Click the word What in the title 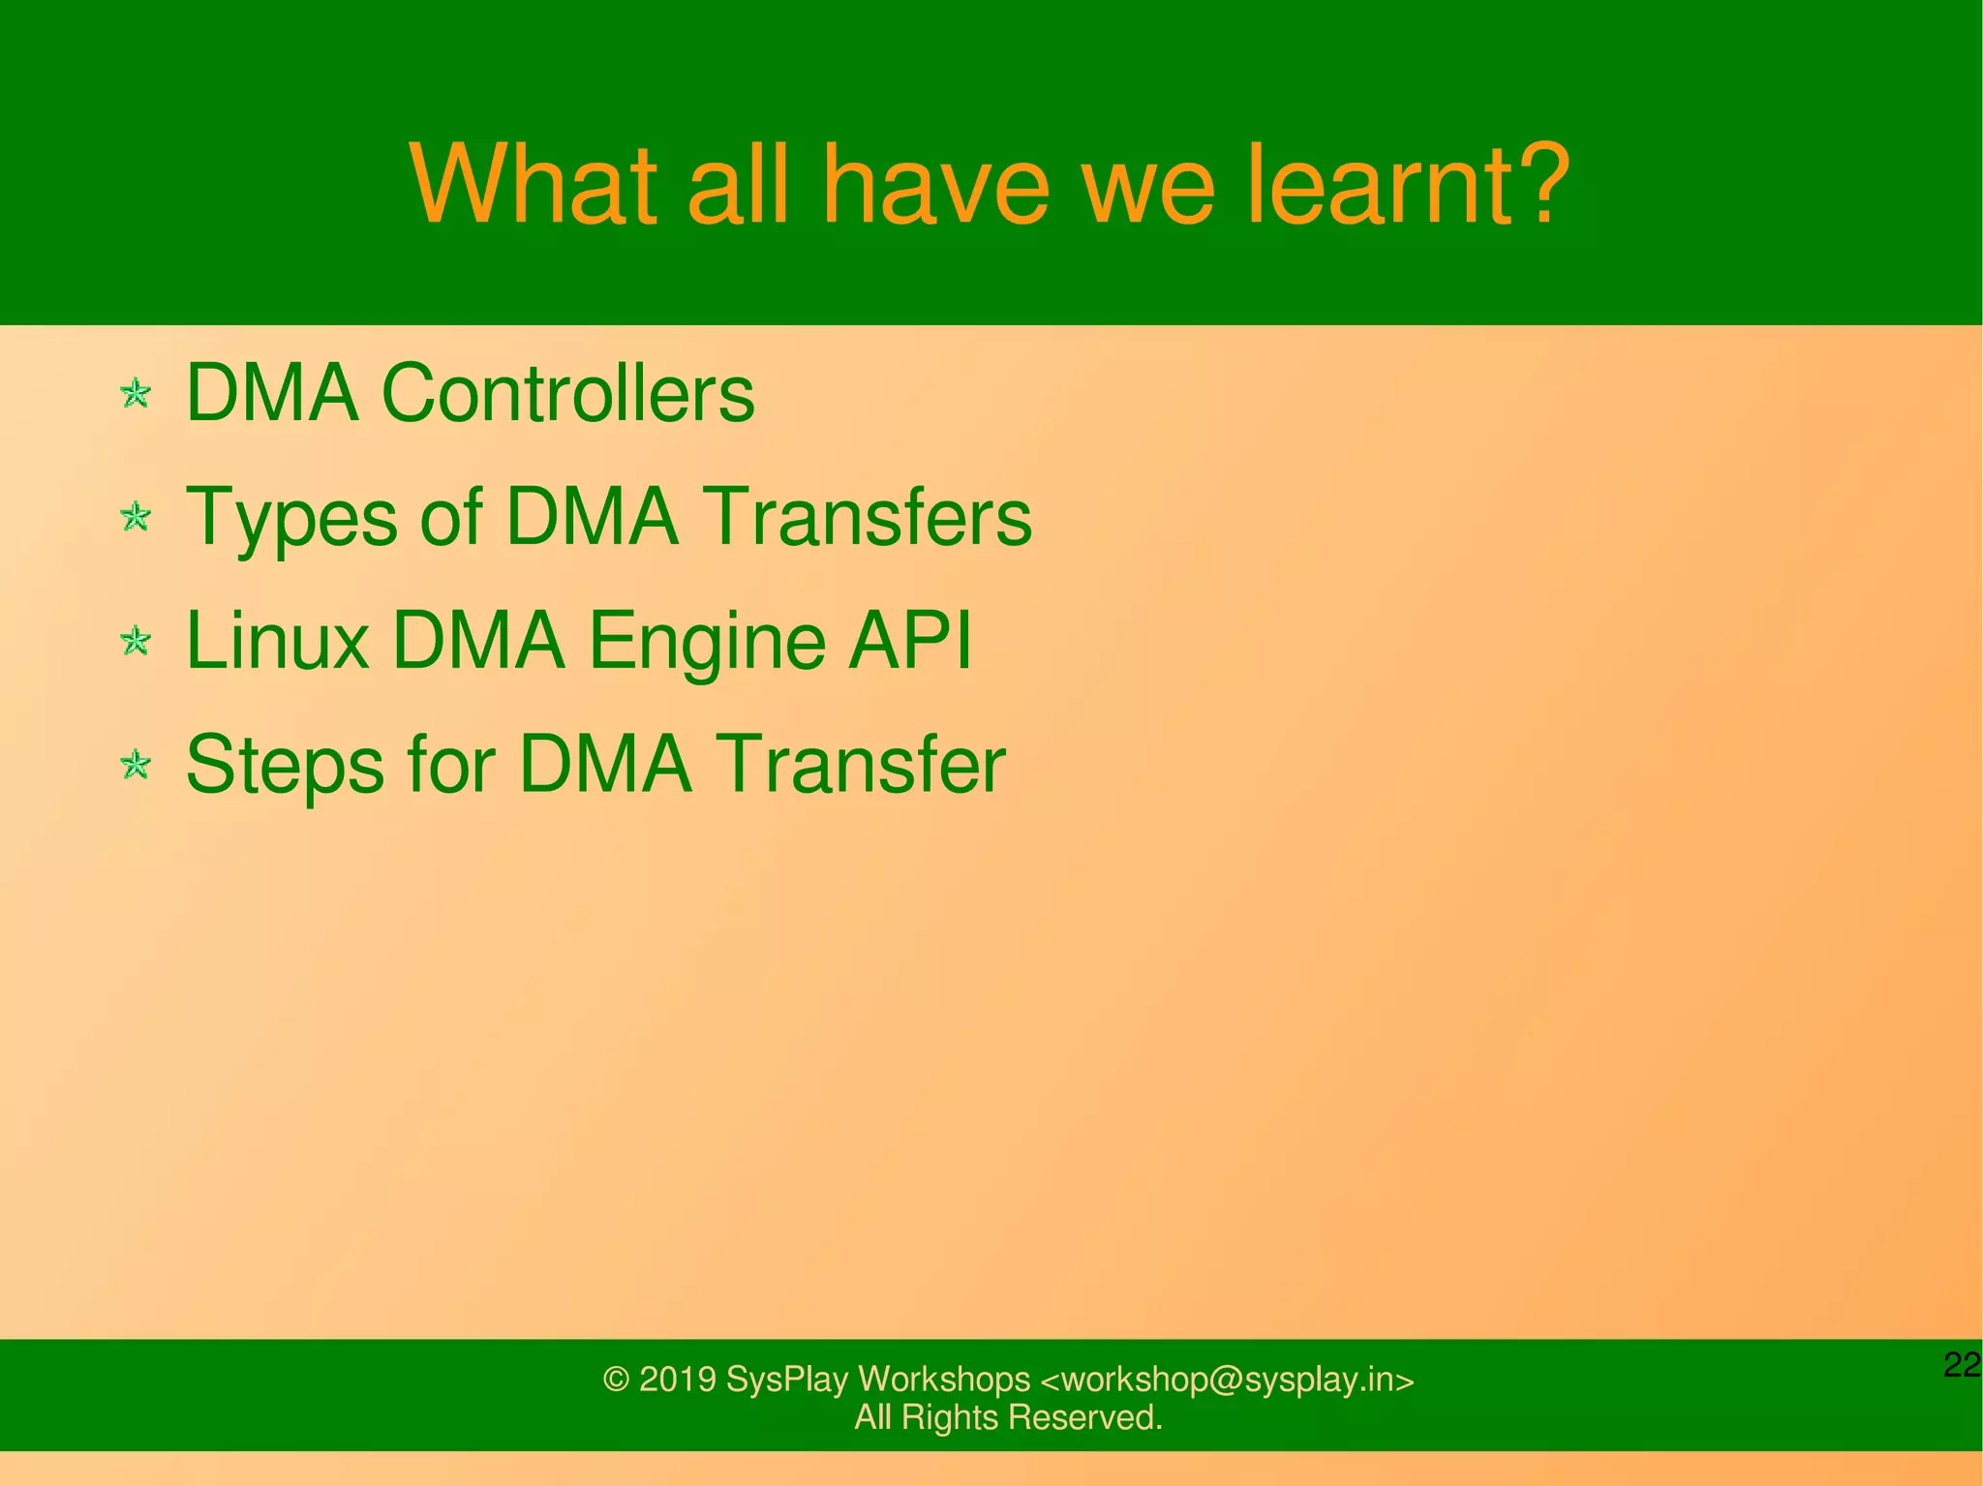534,186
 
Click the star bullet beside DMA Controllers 136,394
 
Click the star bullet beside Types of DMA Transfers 136,517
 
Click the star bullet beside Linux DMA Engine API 136,641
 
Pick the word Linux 277,641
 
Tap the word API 910,641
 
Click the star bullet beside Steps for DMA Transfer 136,765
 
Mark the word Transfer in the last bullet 864,765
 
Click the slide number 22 1961,1365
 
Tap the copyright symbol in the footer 616,1380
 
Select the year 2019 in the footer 677,1380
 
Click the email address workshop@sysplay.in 1226,1380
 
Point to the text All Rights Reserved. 1008,1417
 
